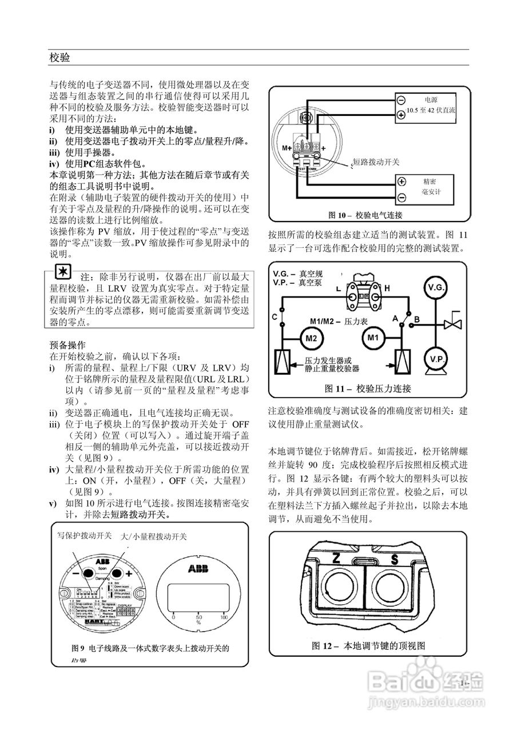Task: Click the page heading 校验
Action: pyautogui.click(x=59, y=58)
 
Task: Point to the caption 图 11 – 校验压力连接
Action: pyautogui.click(x=368, y=388)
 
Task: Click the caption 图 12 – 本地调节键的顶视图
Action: pyautogui.click(x=368, y=646)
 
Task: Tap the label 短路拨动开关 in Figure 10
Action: pyautogui.click(x=376, y=162)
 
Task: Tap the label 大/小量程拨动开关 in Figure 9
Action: pyautogui.click(x=154, y=537)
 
